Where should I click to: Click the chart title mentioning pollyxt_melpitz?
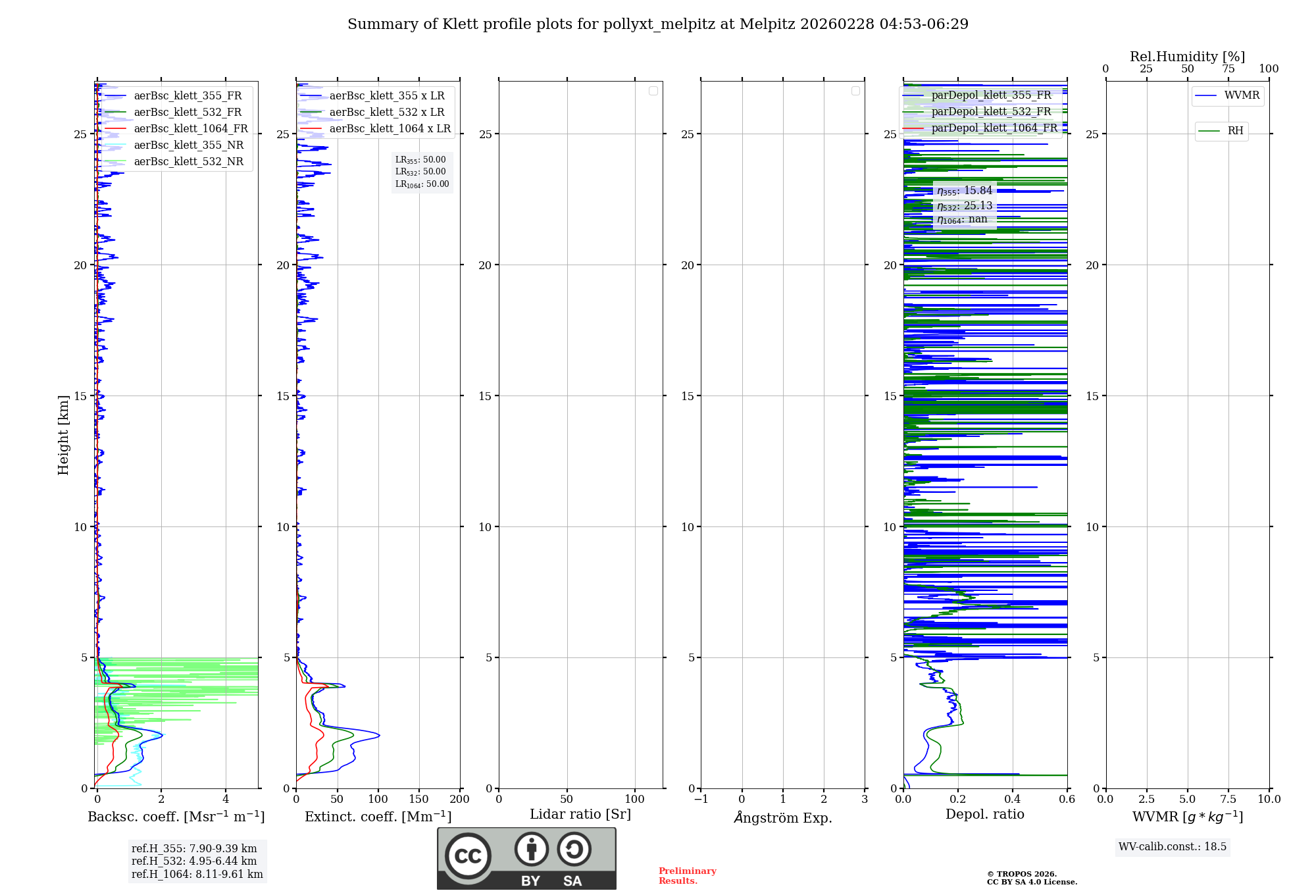(658, 24)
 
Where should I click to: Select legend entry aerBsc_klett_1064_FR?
(191, 129)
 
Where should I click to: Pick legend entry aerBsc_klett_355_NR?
(188, 145)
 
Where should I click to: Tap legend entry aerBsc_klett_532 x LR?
(387, 113)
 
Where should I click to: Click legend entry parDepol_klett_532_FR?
(991, 112)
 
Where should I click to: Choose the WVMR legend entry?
(1242, 95)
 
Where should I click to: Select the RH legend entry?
(1235, 131)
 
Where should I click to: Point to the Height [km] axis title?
(63, 435)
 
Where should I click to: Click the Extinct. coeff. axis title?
(378, 817)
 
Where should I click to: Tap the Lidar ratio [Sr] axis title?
(580, 815)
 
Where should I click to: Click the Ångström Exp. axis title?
(783, 818)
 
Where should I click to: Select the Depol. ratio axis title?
(985, 815)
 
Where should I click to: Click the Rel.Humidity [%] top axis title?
(1188, 57)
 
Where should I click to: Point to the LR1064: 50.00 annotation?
(422, 184)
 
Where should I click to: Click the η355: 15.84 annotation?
(965, 191)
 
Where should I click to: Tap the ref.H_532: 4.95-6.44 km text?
(194, 861)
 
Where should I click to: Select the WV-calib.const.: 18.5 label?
(1173, 847)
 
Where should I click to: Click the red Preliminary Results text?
(688, 876)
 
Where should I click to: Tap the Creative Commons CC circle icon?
(468, 856)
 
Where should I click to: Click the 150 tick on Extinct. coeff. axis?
(419, 800)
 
